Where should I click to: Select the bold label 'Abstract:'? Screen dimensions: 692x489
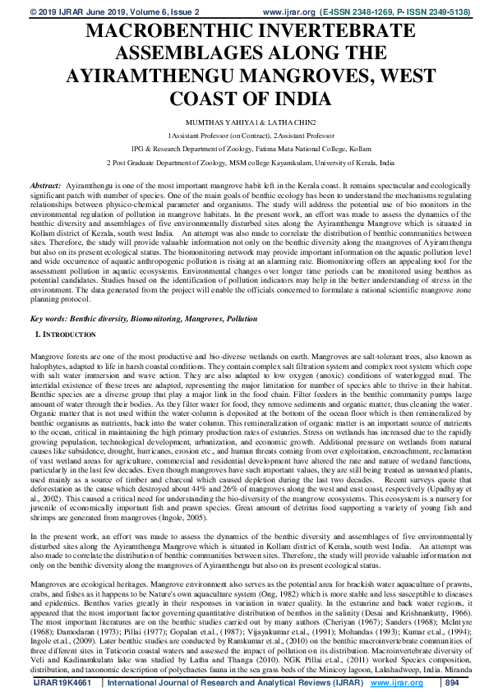[x=45, y=188]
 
